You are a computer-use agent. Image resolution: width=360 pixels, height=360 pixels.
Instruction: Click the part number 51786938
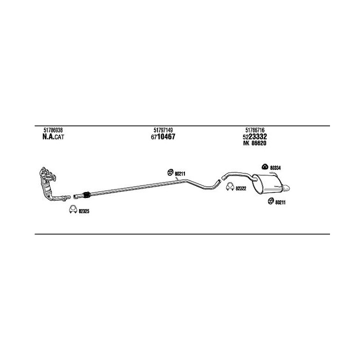tap(46, 130)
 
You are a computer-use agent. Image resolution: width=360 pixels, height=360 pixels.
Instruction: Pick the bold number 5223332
tap(255, 136)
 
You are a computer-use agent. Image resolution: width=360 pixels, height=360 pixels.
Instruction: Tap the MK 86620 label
tap(255, 143)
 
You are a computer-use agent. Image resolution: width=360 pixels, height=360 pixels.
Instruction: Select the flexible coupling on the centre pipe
tap(85, 194)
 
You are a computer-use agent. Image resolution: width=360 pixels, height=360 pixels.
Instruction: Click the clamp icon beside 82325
tap(72, 210)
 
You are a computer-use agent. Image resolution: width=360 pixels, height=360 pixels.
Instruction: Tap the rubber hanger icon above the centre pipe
tap(169, 172)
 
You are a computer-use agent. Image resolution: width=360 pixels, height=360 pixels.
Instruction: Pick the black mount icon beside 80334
tap(264, 166)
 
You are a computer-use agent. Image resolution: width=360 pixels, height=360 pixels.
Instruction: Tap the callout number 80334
tap(275, 168)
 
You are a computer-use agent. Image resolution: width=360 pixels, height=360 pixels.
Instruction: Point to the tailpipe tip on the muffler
tap(288, 187)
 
